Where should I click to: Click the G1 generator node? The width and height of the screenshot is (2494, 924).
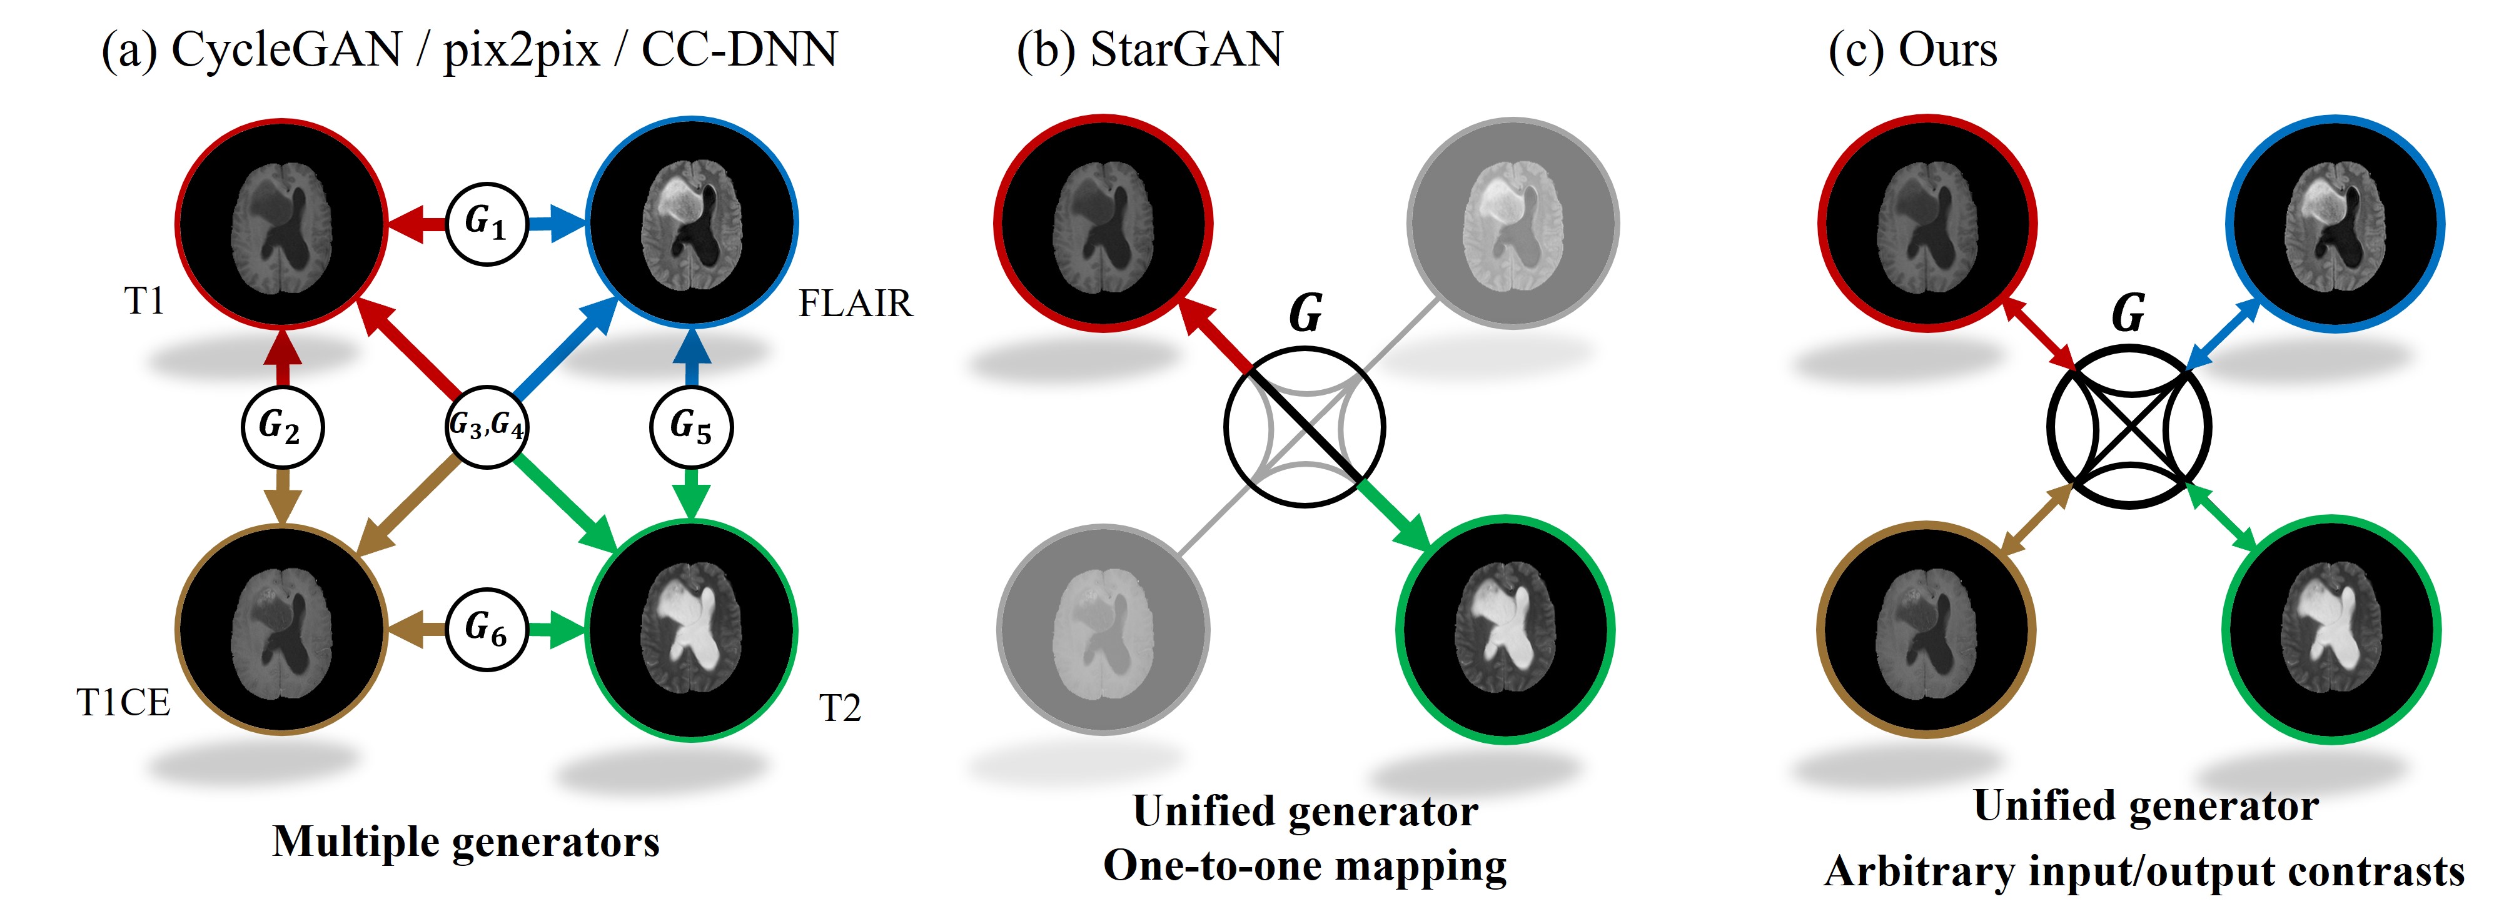coord(486,224)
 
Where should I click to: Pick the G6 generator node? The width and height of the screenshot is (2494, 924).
coord(486,630)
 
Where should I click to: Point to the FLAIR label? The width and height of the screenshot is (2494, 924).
coord(855,304)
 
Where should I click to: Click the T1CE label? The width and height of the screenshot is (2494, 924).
coord(123,702)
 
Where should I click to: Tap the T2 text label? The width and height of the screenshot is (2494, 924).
coord(839,708)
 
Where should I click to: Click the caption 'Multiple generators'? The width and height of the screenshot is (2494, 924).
coord(466,842)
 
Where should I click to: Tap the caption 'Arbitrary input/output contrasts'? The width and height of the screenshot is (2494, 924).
coord(2144,872)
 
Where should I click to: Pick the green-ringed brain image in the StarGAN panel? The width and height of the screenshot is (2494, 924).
coord(1505,630)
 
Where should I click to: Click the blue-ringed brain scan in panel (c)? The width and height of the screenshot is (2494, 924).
coord(2335,224)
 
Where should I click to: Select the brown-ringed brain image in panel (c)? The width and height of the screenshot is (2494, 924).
coord(1926,630)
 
